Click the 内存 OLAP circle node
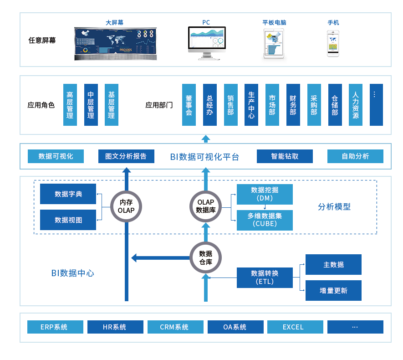click(x=126, y=206)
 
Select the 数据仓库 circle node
click(x=205, y=258)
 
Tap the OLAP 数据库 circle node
click(x=205, y=206)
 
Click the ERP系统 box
click(x=55, y=327)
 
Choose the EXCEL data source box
click(x=295, y=327)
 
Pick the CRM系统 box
click(x=175, y=327)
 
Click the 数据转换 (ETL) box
click(x=265, y=278)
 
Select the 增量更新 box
click(x=333, y=290)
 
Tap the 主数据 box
click(x=333, y=265)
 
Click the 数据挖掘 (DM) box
click(x=265, y=194)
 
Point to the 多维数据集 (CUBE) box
click(x=265, y=220)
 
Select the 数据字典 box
click(x=68, y=194)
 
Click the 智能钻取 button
click(x=285, y=156)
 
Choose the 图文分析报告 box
click(x=126, y=156)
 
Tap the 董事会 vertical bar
click(x=189, y=105)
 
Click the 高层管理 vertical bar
click(x=70, y=105)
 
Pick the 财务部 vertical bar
click(x=293, y=105)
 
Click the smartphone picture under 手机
click(x=333, y=43)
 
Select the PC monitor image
click(x=207, y=43)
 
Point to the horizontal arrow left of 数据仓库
click(x=160, y=258)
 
